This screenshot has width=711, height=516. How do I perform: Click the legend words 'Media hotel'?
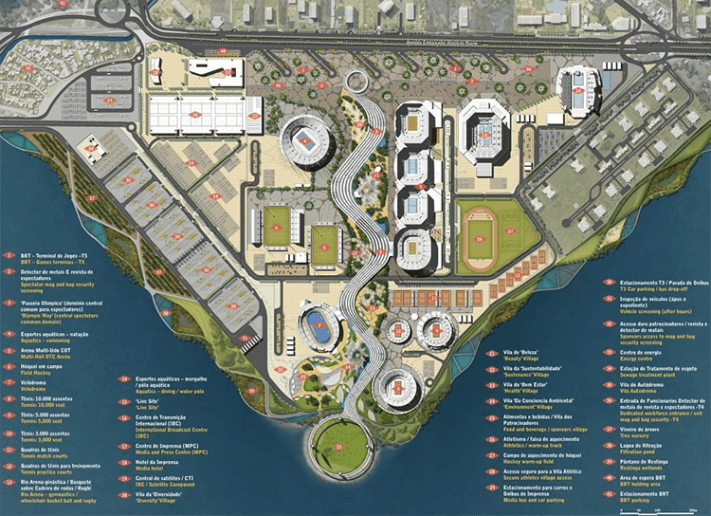155,467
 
